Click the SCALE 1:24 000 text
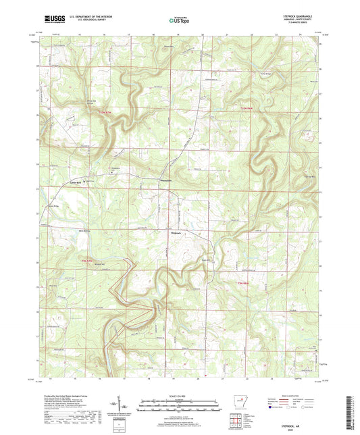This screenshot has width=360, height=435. click(179, 396)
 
